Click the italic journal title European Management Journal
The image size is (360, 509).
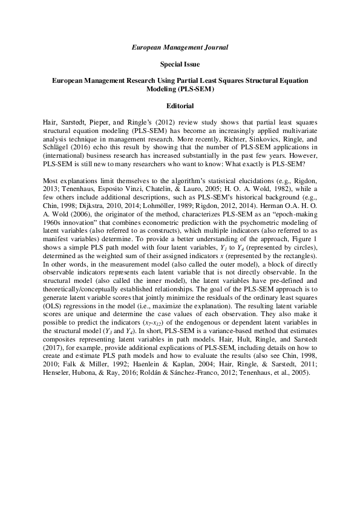180,46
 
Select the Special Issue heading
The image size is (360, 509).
180,63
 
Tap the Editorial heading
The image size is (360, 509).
180,105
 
